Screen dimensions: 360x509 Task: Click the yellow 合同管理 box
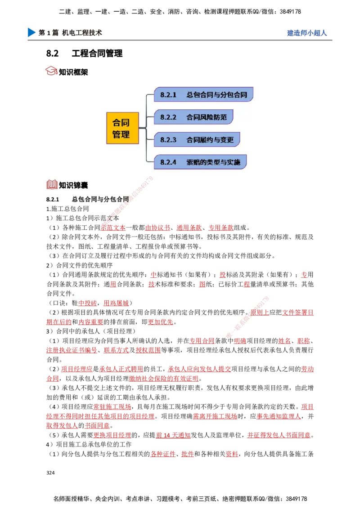pyautogui.click(x=122, y=128)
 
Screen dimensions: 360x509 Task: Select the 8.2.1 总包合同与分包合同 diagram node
pyautogui.click(x=203, y=94)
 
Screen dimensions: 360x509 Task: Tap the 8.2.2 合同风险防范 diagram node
pyautogui.click(x=193, y=117)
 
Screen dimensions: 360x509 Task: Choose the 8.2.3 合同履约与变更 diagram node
pyautogui.click(x=197, y=139)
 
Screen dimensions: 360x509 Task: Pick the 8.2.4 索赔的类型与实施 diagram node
pyautogui.click(x=200, y=162)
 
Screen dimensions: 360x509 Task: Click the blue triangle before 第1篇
pyautogui.click(x=31, y=32)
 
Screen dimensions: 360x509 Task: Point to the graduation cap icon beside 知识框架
pyautogui.click(x=51, y=71)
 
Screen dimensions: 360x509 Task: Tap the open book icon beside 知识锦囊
pyautogui.click(x=52, y=184)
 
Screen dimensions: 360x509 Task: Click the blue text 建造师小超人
pyautogui.click(x=307, y=33)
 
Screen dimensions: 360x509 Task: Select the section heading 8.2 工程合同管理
pyautogui.click(x=85, y=53)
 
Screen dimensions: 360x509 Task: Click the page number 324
pyautogui.click(x=50, y=473)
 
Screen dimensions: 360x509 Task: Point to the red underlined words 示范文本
pyautogui.click(x=113, y=228)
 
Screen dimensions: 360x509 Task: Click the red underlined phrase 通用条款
pyautogui.click(x=189, y=228)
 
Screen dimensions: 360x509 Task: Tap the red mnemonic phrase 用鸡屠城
pyautogui.click(x=116, y=303)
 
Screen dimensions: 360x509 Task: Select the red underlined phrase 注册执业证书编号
pyautogui.click(x=72, y=350)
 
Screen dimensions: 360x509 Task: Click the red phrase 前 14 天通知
pyautogui.click(x=173, y=435)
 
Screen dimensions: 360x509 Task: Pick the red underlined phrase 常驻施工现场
pyautogui.click(x=112, y=407)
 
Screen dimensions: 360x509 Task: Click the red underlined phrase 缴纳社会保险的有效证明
pyautogui.click(x=164, y=379)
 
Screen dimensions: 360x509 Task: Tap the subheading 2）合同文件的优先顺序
pyautogui.click(x=80, y=265)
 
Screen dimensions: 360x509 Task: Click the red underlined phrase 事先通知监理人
pyautogui.click(x=279, y=416)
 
